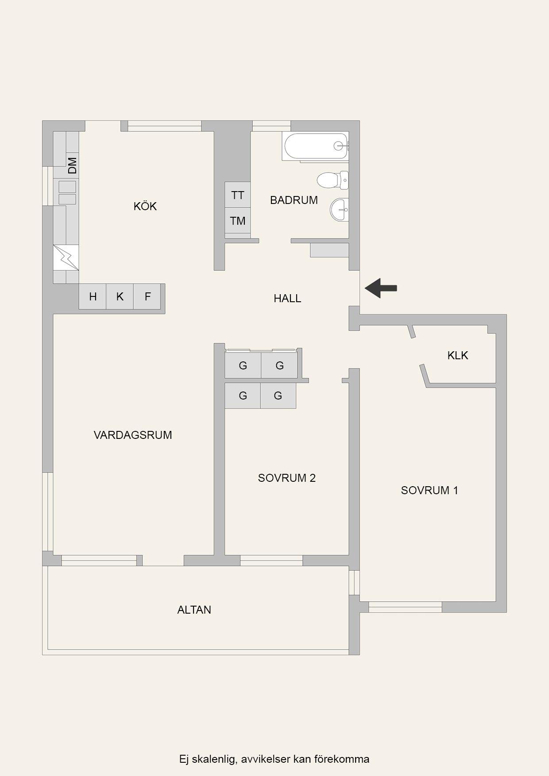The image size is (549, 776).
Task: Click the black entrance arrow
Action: click(380, 288)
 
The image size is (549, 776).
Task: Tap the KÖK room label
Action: click(145, 206)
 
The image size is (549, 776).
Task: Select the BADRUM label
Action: click(294, 200)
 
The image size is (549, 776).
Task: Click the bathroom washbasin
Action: click(340, 209)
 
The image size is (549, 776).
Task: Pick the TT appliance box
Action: click(238, 195)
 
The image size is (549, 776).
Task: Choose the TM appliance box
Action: click(238, 220)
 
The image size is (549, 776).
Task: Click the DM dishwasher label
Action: click(73, 165)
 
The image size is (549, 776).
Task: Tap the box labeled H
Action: click(93, 296)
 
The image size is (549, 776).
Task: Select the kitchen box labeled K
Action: click(120, 296)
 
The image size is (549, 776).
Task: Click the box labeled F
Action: click(147, 296)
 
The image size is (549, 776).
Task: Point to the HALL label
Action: click(287, 299)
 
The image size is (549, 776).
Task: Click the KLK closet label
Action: click(458, 355)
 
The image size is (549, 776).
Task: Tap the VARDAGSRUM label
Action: click(133, 435)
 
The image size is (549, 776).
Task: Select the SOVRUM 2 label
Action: click(287, 478)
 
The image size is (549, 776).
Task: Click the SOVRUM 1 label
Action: click(429, 490)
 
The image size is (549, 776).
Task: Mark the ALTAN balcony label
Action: click(194, 610)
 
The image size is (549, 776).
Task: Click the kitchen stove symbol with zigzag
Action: click(66, 257)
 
